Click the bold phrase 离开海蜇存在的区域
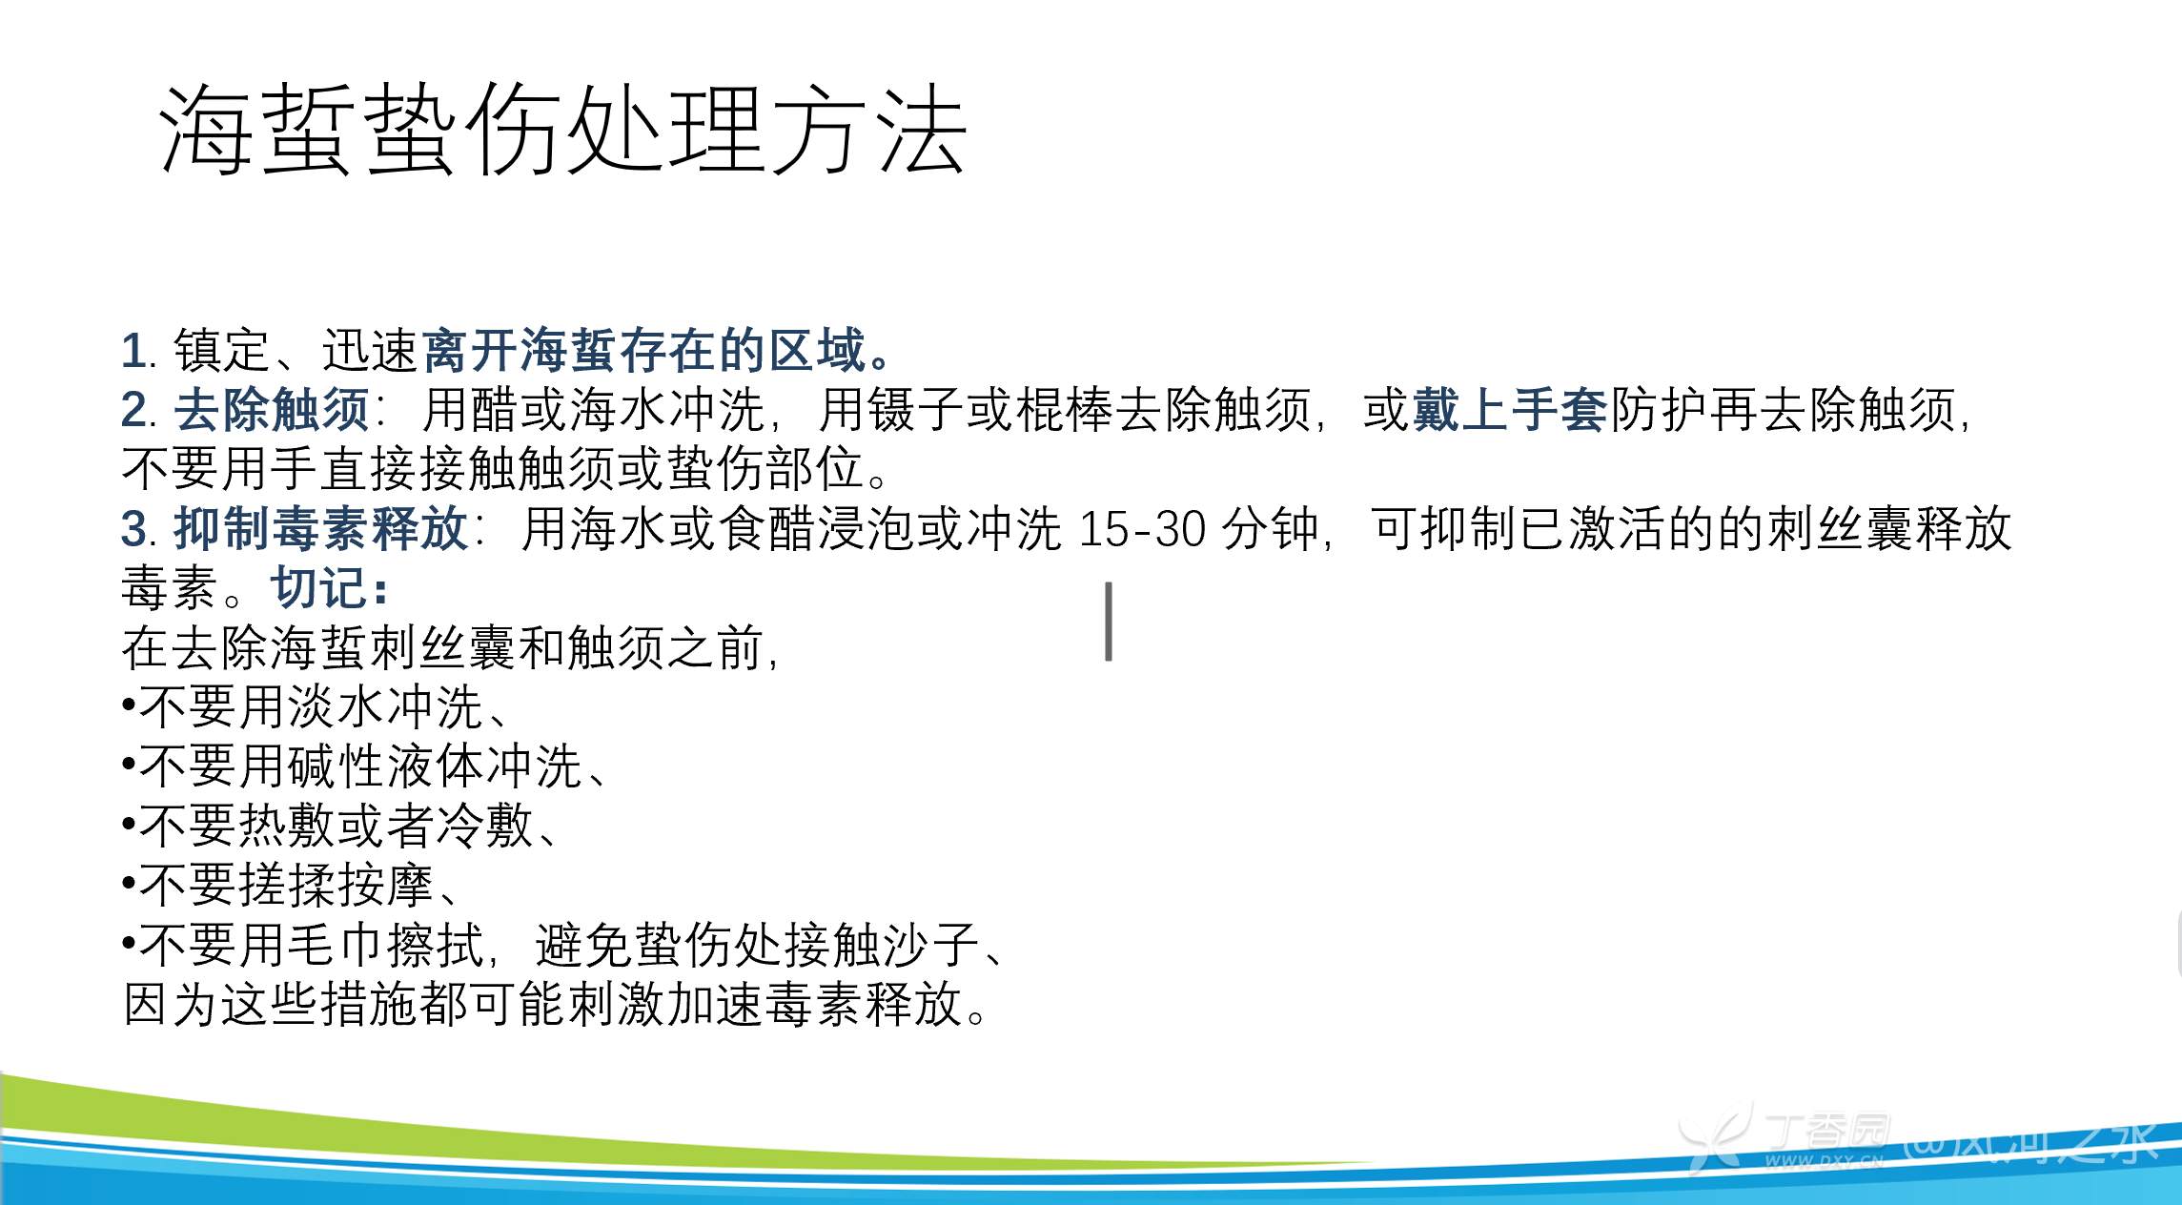point(643,350)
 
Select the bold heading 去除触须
point(272,410)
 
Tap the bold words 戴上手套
point(1510,410)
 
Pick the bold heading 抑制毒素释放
point(321,528)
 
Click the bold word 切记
point(318,587)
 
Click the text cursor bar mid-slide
point(1109,622)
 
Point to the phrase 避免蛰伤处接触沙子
point(757,945)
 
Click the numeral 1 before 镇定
point(133,351)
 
